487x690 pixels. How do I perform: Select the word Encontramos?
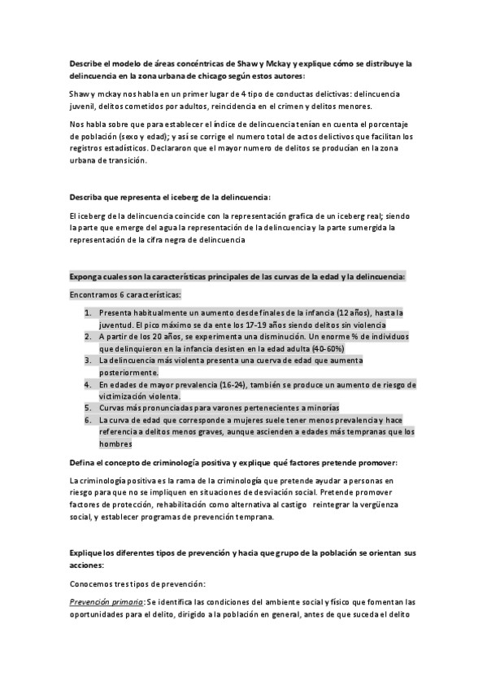coord(96,295)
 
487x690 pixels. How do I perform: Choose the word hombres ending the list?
coord(115,444)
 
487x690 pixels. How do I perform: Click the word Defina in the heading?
coord(84,462)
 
